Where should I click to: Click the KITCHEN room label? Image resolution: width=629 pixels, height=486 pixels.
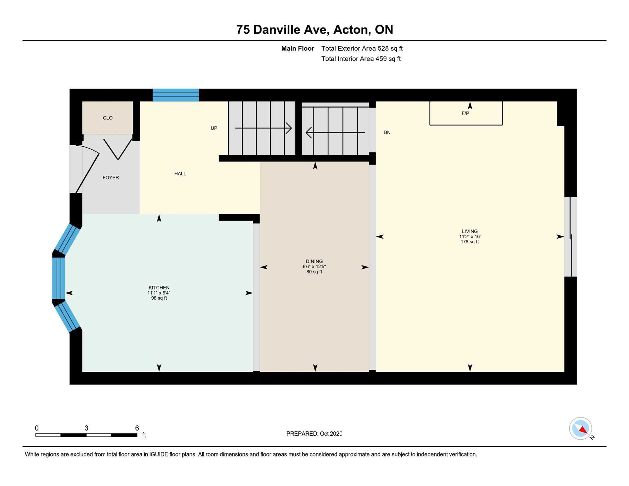[x=159, y=288]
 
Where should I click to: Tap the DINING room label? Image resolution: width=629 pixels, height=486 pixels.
[x=314, y=262]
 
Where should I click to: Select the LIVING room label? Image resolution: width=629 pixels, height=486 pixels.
[x=470, y=231]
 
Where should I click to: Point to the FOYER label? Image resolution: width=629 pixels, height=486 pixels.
[x=111, y=178]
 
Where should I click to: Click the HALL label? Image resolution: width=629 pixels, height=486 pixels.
[x=180, y=173]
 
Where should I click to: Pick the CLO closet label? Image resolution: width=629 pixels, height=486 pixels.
[x=108, y=118]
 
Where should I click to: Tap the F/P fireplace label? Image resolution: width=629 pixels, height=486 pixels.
[x=465, y=113]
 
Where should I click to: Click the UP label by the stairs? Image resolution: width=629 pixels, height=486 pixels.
[x=214, y=128]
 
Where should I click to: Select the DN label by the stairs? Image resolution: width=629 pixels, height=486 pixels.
[x=387, y=132]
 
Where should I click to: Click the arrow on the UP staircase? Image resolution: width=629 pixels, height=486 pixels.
[x=263, y=128]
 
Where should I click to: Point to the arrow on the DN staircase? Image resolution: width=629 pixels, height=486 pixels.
[x=335, y=133]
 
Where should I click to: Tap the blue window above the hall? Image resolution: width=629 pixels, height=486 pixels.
[x=175, y=95]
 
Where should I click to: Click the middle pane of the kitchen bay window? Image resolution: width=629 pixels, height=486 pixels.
[x=59, y=278]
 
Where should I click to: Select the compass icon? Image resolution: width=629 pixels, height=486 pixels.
[x=580, y=428]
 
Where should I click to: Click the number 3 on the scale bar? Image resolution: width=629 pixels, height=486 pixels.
[x=86, y=428]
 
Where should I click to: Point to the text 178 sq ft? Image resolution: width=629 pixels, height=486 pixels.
[x=470, y=242]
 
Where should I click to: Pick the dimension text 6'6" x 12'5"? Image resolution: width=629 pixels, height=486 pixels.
[x=314, y=267]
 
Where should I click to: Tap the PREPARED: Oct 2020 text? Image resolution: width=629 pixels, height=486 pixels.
[x=314, y=434]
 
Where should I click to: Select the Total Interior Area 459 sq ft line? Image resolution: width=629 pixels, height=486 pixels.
[x=361, y=59]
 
